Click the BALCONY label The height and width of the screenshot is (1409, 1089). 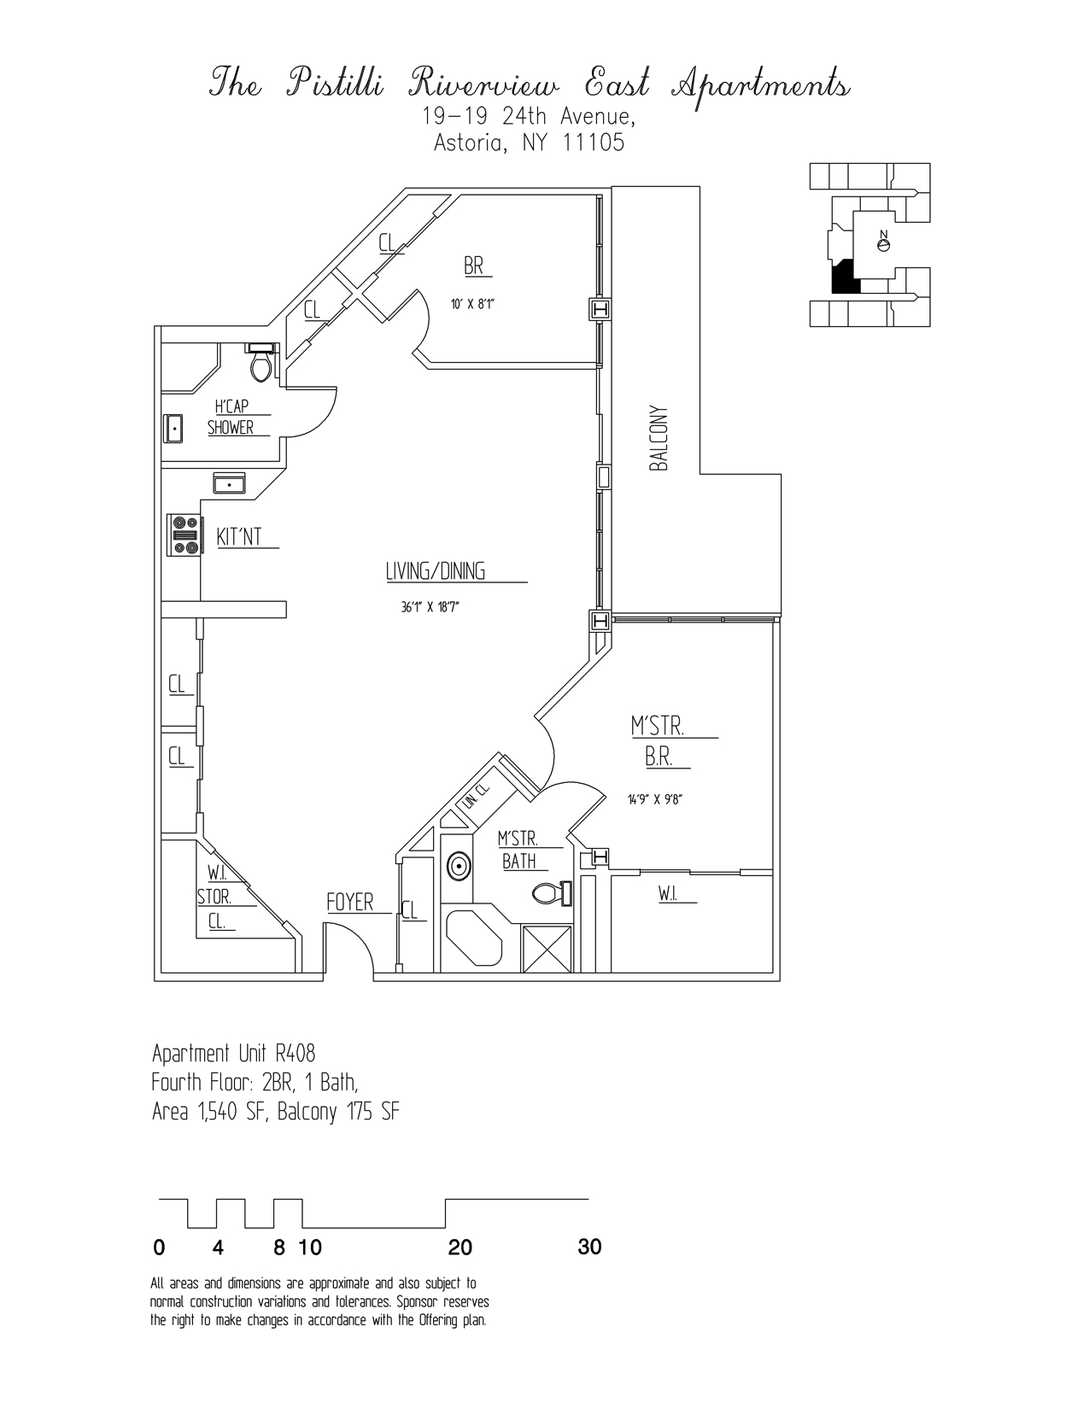point(659,438)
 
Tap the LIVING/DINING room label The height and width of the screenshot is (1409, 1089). point(436,571)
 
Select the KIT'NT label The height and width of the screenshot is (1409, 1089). point(239,537)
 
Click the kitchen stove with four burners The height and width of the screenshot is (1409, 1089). point(184,535)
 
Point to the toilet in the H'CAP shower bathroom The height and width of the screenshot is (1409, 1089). point(261,365)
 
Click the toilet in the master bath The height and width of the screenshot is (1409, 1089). point(552,894)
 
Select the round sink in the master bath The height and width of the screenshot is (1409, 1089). point(459,868)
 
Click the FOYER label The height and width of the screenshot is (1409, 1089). point(350,903)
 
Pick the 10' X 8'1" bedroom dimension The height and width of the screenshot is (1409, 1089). point(474,302)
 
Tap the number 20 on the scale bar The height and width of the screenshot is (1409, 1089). point(460,1248)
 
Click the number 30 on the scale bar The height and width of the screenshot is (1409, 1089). point(589,1248)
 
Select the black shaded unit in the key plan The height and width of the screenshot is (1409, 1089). point(843,278)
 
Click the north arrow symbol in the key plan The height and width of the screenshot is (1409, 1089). point(884,242)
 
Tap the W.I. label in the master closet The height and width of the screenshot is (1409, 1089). point(668,894)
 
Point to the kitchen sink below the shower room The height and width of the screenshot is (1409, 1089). point(230,484)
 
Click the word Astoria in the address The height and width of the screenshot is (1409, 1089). point(465,143)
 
